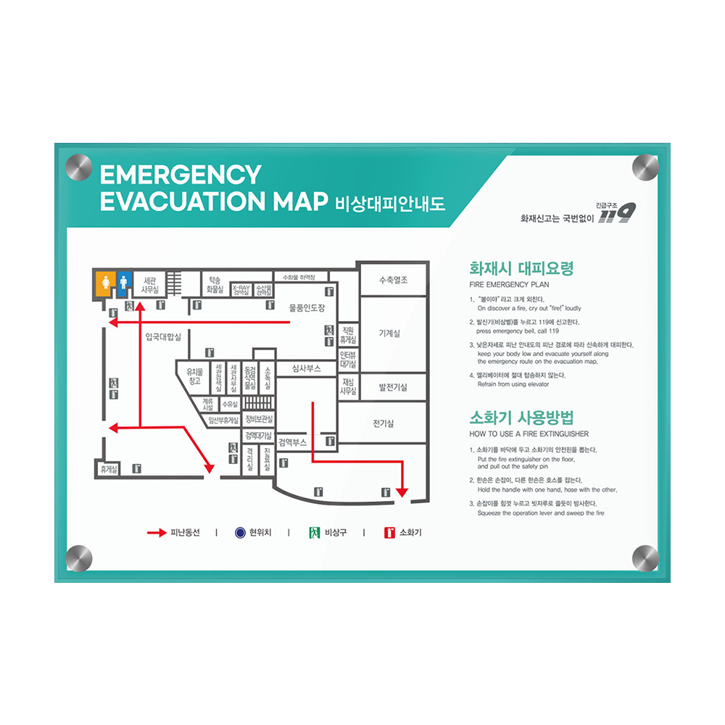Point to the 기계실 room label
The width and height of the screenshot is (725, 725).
tap(389, 333)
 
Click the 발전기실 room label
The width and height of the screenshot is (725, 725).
tap(393, 387)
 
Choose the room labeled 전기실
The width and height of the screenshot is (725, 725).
tap(384, 423)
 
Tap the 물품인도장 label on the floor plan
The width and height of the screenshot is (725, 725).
tap(307, 308)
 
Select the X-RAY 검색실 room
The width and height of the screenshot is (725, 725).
tap(241, 289)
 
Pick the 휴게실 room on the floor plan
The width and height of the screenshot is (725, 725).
tap(109, 470)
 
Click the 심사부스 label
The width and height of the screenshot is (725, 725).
tap(306, 368)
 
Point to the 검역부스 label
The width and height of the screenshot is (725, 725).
tap(292, 442)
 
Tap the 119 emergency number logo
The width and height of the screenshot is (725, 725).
tap(617, 213)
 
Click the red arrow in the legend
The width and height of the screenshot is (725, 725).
tap(157, 533)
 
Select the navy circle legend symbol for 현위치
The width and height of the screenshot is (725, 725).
tap(241, 533)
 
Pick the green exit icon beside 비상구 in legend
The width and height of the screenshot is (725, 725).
tap(314, 533)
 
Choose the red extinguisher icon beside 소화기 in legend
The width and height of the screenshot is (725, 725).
tap(389, 533)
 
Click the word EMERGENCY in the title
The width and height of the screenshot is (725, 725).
tap(180, 175)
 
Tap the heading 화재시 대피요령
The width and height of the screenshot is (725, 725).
tap(521, 268)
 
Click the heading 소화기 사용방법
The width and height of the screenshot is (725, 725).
tap(521, 418)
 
